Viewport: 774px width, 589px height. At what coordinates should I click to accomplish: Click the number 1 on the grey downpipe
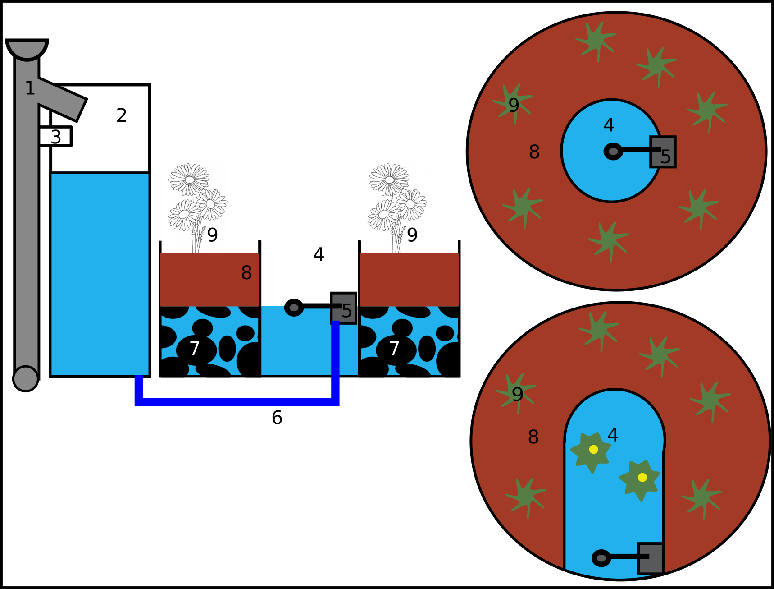click(x=30, y=88)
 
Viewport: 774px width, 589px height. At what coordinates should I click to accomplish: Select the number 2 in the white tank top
click(x=121, y=115)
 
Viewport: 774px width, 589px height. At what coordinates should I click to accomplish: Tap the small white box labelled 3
click(x=55, y=137)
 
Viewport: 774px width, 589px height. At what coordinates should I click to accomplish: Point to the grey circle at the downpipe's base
click(x=26, y=378)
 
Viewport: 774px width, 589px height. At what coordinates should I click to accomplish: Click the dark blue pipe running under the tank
click(x=237, y=402)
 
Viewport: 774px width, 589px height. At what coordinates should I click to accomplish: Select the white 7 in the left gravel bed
click(x=194, y=349)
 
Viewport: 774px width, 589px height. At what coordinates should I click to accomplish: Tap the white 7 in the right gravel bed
click(x=394, y=349)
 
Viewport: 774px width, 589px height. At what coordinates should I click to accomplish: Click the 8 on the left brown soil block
click(x=246, y=273)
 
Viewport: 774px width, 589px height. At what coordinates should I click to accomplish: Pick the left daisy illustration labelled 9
click(x=198, y=206)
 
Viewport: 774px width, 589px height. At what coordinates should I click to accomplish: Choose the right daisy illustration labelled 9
click(x=397, y=206)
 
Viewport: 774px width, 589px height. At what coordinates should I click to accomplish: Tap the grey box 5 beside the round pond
click(x=663, y=152)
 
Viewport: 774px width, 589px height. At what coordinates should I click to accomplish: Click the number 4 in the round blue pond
click(x=609, y=125)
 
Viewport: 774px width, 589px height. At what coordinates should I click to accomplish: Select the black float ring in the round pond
click(x=613, y=152)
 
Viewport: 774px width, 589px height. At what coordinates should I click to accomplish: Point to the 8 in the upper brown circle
click(x=534, y=152)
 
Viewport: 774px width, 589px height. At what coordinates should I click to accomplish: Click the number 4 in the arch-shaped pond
click(x=613, y=435)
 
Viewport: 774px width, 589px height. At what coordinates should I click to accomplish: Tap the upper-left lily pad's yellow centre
click(x=593, y=450)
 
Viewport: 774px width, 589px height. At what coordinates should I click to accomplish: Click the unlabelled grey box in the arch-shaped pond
click(x=651, y=558)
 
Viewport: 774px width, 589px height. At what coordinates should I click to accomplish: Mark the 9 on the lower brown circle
click(x=518, y=395)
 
